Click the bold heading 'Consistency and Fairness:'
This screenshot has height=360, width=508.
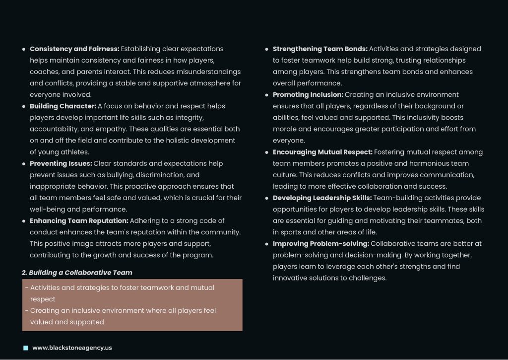pos(74,49)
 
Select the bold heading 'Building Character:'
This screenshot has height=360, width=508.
pos(63,106)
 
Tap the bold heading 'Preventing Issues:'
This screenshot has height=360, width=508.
pos(61,163)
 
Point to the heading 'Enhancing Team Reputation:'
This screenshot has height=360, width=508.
pos(79,220)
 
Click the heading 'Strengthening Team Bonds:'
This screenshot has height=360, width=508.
pos(320,49)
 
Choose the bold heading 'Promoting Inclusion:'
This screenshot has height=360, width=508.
pos(308,94)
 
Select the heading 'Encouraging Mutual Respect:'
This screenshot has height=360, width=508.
pos(322,152)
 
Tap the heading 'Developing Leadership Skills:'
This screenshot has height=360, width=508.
pos(322,198)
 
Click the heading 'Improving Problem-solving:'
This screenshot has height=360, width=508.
pos(320,243)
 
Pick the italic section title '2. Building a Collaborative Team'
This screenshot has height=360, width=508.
pos(77,273)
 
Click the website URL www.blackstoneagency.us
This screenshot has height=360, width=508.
pos(72,348)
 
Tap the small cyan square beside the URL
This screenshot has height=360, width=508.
pos(26,348)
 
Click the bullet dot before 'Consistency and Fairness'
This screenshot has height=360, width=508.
pos(24,49)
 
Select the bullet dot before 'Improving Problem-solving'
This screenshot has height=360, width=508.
pos(267,244)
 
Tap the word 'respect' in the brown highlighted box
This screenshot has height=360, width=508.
pos(43,299)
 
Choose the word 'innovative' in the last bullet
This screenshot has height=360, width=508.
pos(290,278)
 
